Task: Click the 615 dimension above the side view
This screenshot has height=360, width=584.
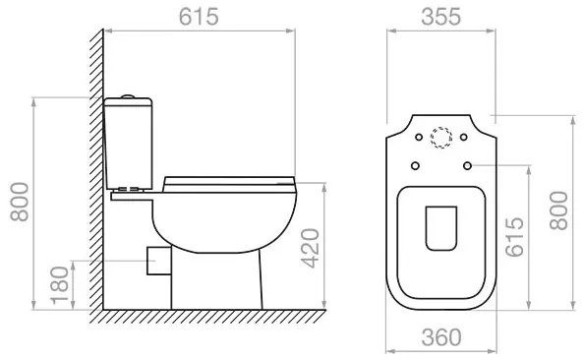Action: [199, 17]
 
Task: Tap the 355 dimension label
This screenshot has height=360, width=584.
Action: [441, 17]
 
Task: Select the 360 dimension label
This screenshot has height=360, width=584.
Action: [441, 337]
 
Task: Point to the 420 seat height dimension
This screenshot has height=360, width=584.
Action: [311, 248]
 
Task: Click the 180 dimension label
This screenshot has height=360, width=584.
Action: [60, 285]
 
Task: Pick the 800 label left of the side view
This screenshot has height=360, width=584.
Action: [20, 202]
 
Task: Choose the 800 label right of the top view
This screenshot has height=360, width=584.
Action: [558, 210]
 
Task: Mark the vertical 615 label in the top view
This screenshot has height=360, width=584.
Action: [514, 237]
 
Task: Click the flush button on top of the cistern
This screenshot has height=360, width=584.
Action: [128, 96]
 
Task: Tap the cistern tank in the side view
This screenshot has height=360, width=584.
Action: [128, 144]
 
